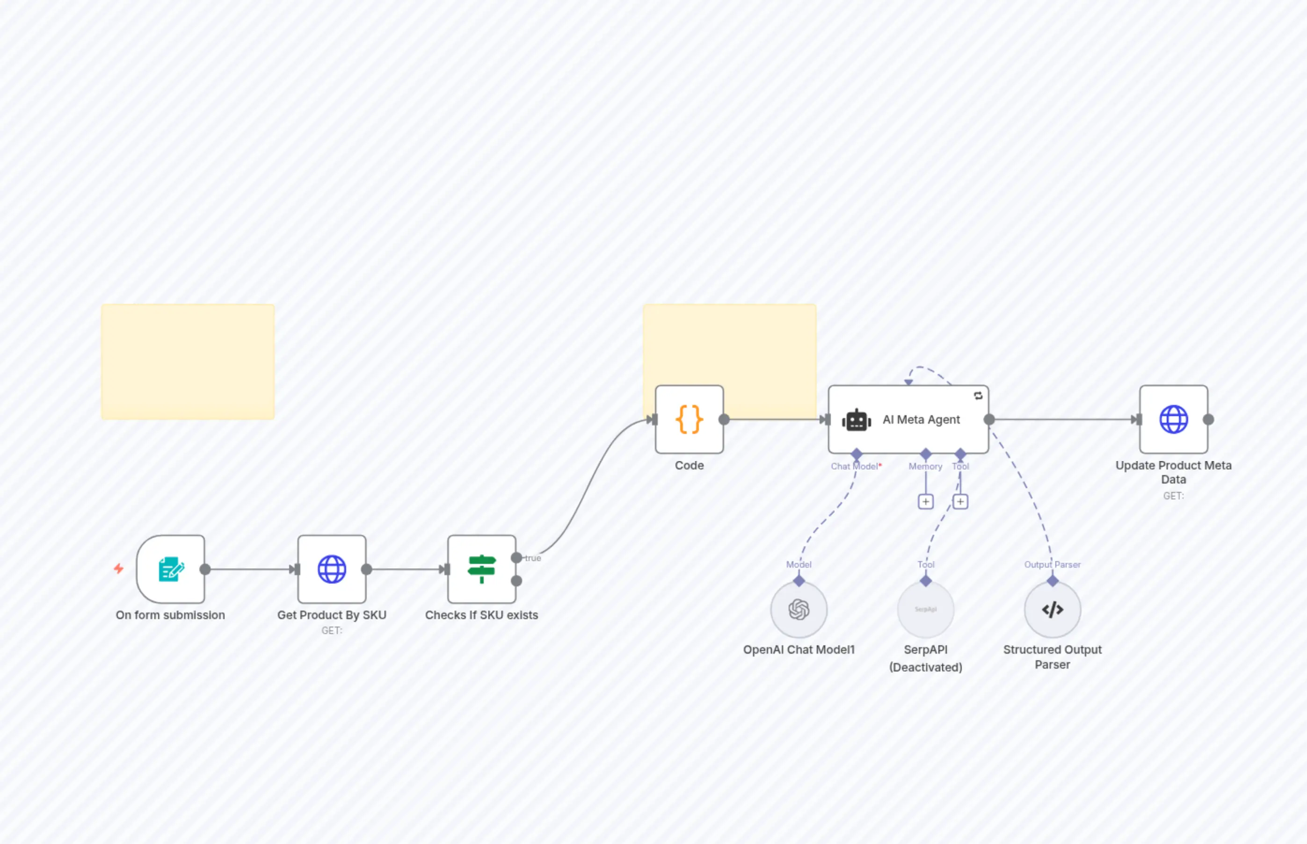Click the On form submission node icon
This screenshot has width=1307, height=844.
[170, 569]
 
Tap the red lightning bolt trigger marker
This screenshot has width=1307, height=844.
[118, 568]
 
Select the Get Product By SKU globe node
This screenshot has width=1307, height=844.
[332, 569]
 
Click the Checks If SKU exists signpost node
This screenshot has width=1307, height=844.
[481, 569]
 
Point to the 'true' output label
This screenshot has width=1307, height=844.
[533, 558]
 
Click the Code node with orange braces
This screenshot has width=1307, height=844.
[689, 419]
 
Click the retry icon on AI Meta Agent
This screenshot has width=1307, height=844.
[978, 396]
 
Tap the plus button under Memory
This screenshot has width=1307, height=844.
[925, 501]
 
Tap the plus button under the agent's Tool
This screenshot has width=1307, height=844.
[960, 501]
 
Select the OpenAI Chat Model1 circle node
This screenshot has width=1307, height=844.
[799, 609]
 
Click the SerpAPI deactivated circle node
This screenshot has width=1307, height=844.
[925, 609]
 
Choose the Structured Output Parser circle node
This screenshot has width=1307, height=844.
[1052, 609]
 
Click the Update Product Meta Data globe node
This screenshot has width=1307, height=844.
[1173, 419]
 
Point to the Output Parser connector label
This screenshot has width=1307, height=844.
[1052, 564]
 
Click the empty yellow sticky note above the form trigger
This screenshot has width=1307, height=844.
[188, 362]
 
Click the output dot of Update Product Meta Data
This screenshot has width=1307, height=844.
[1208, 419]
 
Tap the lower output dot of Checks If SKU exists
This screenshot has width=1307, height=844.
[516, 581]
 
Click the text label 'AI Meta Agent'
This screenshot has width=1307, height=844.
[921, 419]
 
